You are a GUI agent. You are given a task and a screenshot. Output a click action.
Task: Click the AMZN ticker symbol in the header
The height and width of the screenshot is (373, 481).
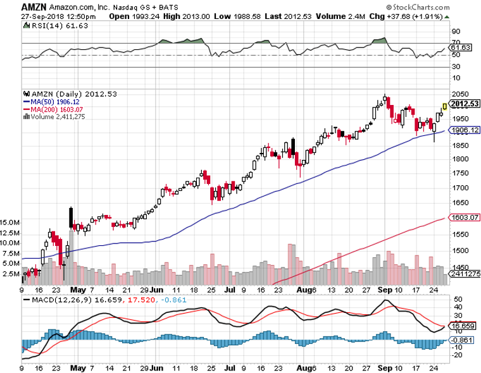(32, 6)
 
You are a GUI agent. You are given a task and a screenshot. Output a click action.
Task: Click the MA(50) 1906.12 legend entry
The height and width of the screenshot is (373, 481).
(52, 101)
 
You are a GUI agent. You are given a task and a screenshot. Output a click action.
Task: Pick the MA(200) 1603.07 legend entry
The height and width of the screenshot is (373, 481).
(54, 109)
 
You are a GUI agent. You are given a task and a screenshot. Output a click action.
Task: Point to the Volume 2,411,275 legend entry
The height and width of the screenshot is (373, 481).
(56, 116)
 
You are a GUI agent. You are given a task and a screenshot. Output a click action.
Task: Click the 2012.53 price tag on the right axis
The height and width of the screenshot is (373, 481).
(463, 104)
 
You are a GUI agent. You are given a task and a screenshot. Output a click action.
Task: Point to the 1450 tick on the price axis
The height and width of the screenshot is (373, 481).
(457, 267)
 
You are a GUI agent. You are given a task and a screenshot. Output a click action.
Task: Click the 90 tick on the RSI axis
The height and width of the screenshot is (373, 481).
(454, 30)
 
